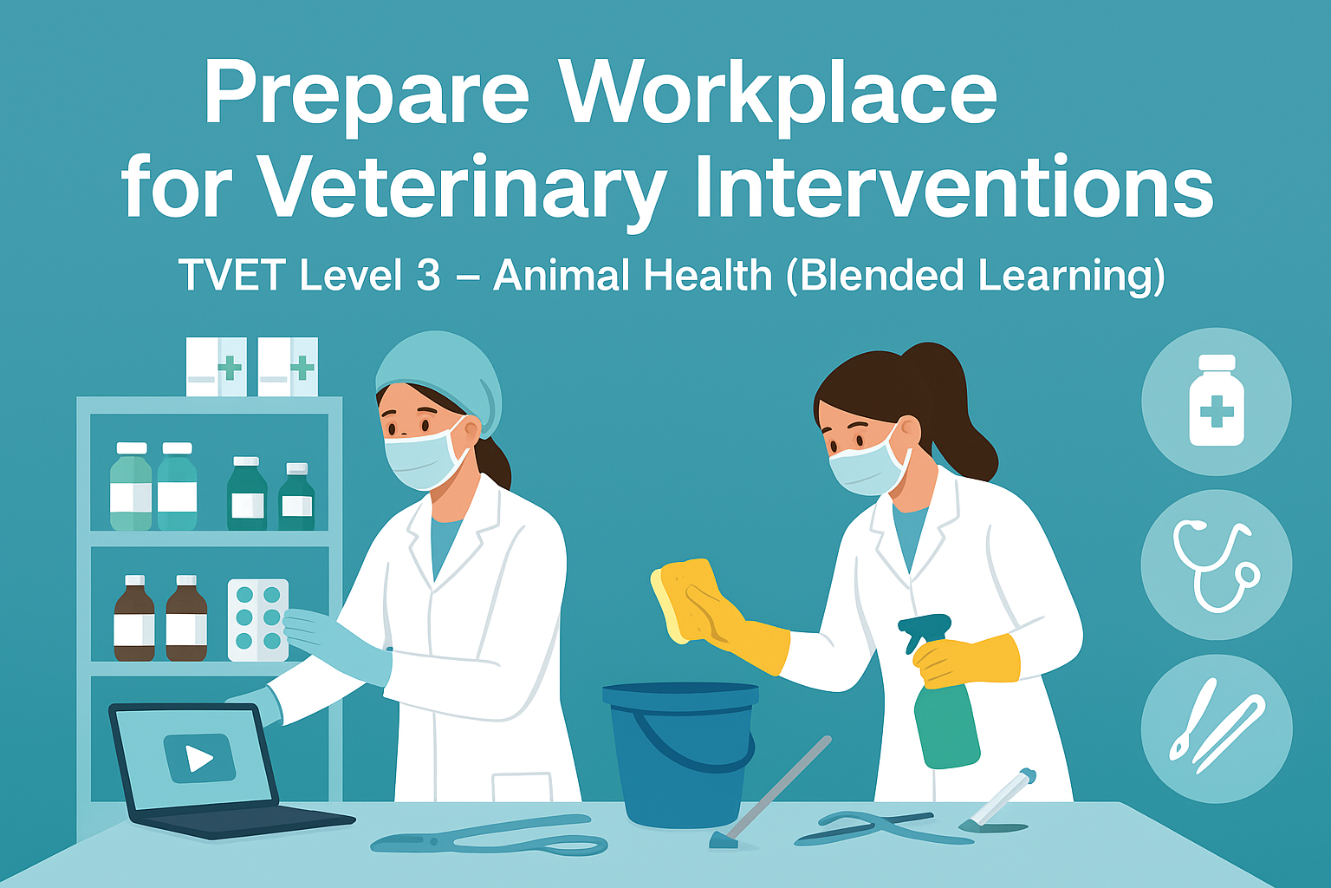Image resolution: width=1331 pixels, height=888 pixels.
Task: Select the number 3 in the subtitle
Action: pyautogui.click(x=427, y=276)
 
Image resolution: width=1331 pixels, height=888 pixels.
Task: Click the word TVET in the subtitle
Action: pyautogui.click(x=231, y=276)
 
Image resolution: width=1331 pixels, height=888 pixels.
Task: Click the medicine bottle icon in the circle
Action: pyautogui.click(x=1216, y=401)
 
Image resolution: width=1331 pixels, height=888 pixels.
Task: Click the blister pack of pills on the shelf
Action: pyautogui.click(x=257, y=619)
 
